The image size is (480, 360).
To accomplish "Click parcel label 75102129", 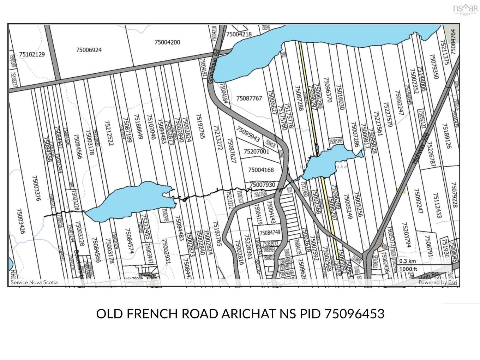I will tap(32, 54).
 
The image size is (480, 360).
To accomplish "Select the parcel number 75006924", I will tap(89, 50).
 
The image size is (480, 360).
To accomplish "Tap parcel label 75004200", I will tap(167, 42).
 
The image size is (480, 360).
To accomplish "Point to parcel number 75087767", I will tap(249, 98).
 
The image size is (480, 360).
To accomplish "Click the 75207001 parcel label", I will tap(257, 151).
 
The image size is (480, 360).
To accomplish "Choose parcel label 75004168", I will tap(261, 170).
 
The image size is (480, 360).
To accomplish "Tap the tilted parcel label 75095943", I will tap(248, 134).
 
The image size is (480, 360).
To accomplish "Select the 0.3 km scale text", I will tap(408, 261).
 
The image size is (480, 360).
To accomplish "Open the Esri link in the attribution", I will tap(452, 282).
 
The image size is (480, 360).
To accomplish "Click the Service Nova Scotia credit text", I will tap(34, 282).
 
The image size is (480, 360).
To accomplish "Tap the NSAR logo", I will tap(466, 9).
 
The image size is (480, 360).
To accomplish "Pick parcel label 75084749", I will tap(270, 233).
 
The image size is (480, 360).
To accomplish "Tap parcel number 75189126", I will tap(446, 136).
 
